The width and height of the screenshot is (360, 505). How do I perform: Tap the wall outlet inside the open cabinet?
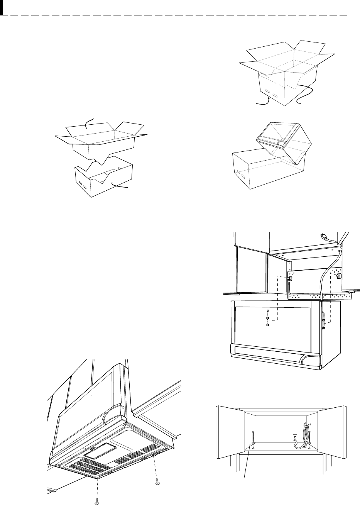(294, 437)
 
